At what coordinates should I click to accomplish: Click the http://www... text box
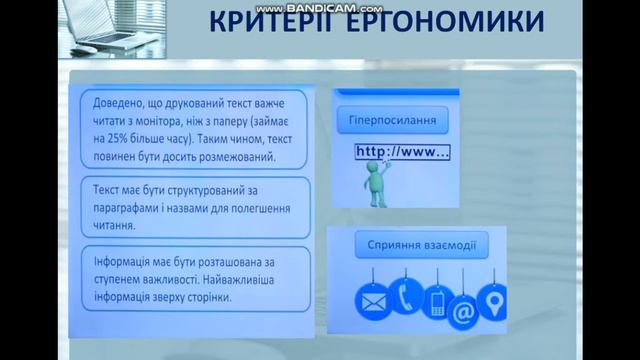pyautogui.click(x=403, y=153)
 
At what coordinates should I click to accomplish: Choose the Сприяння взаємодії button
pyautogui.click(x=421, y=244)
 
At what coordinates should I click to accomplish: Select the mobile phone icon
pyautogui.click(x=437, y=301)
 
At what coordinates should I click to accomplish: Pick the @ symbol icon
pyautogui.click(x=463, y=312)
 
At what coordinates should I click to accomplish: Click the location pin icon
pyautogui.click(x=493, y=301)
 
